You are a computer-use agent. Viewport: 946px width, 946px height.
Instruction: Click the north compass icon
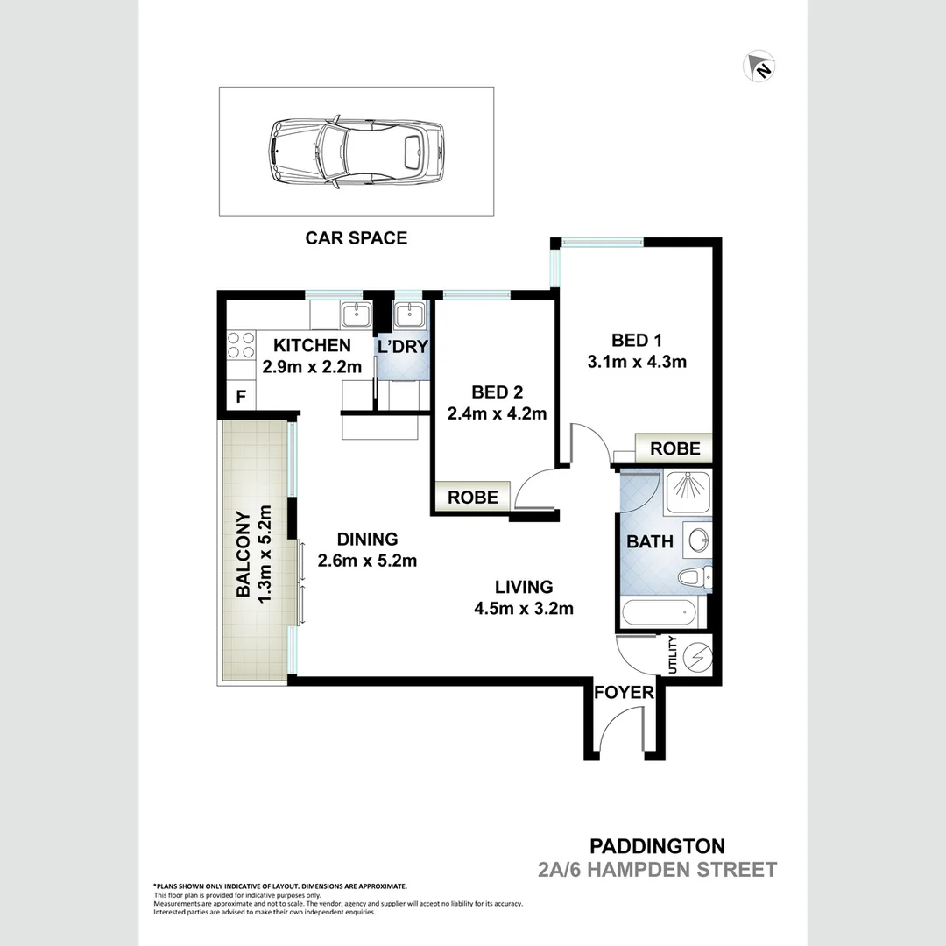coord(760,67)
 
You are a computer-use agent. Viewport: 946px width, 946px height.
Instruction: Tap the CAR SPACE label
coord(356,237)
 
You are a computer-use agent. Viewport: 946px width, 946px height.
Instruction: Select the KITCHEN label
coord(312,345)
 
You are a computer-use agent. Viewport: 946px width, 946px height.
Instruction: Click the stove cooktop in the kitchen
coord(241,343)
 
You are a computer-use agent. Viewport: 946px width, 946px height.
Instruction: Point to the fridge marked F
coord(241,397)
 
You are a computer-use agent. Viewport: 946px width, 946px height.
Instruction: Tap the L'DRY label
coord(402,347)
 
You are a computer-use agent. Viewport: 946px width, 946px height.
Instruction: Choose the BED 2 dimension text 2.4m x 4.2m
coord(497,413)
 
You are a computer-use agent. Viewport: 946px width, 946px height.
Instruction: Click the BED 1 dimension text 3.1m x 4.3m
coord(636,361)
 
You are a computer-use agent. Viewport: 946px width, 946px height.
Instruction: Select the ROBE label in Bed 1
coord(674,448)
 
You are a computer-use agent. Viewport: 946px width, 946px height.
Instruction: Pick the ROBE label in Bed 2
coord(473,498)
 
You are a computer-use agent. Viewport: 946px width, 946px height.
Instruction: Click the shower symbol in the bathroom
coord(688,492)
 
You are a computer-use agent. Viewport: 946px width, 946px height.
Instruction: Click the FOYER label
coord(624,693)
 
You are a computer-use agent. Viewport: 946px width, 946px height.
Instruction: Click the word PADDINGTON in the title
coord(657,846)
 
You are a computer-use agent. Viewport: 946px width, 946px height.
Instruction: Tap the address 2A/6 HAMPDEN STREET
coord(657,870)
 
